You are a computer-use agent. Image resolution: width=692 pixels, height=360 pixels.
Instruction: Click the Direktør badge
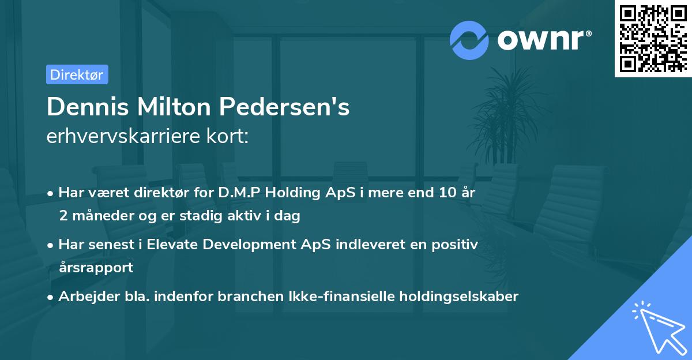[77, 74]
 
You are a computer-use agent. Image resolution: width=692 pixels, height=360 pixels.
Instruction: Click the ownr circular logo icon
[469, 40]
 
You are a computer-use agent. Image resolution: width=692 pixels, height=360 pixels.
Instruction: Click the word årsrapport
[96, 268]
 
